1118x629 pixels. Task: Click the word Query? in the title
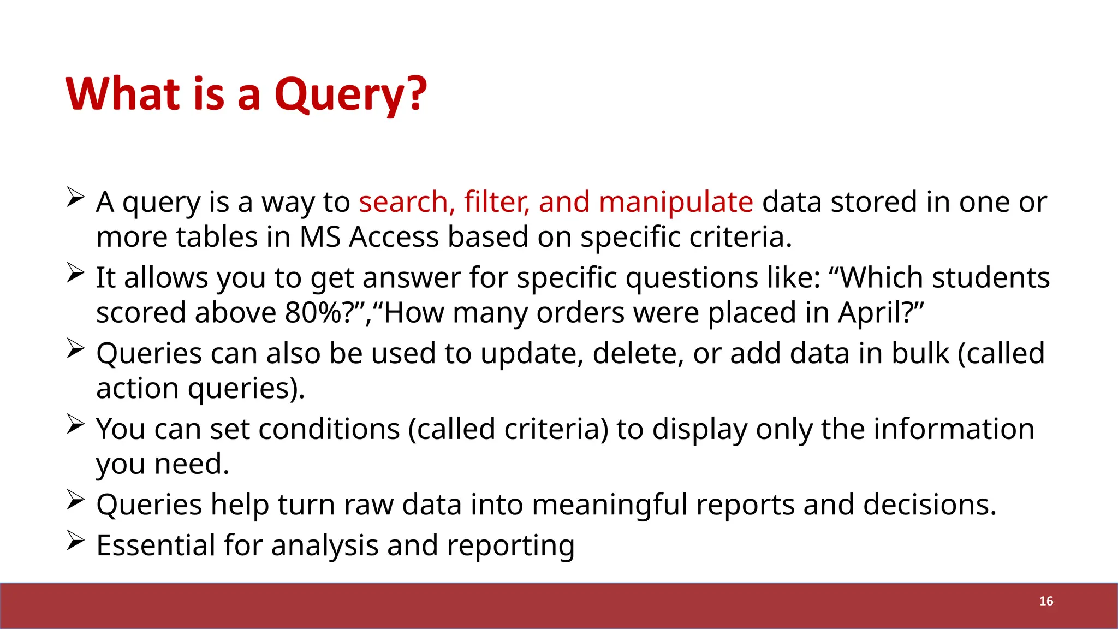(x=350, y=94)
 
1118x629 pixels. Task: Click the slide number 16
(x=1046, y=601)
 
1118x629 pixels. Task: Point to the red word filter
(x=496, y=202)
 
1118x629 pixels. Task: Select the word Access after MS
(x=394, y=238)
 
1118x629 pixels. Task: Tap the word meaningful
(x=609, y=505)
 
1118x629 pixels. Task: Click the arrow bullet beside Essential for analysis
(x=75, y=541)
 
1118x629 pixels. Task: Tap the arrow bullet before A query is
(x=75, y=197)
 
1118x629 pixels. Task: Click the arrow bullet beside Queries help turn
(x=75, y=500)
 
